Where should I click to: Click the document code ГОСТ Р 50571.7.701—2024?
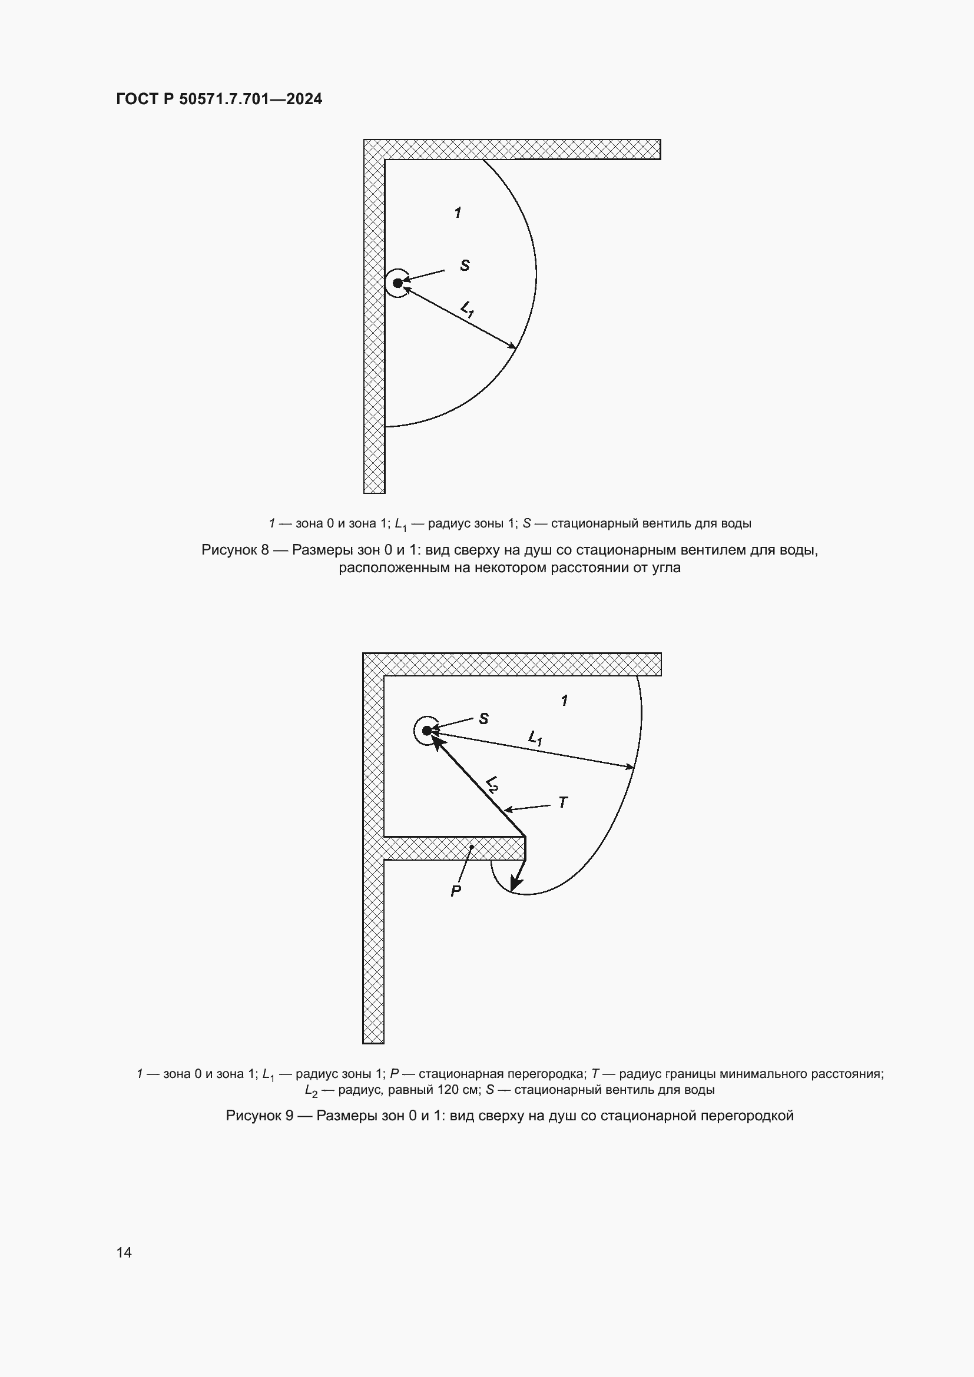tap(219, 99)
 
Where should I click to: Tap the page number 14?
tap(124, 1252)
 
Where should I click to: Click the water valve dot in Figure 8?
tap(397, 283)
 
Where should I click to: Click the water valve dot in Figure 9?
tap(427, 731)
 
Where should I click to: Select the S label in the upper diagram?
tap(465, 265)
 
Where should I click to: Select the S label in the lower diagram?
tap(483, 718)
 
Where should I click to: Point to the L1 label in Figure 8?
tap(468, 310)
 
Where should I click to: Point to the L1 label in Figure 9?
tap(535, 738)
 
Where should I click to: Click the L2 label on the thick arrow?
tap(492, 784)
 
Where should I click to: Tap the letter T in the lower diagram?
tap(562, 802)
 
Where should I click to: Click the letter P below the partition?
tap(456, 891)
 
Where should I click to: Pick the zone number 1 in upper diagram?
tap(458, 213)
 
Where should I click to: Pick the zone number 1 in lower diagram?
tap(564, 700)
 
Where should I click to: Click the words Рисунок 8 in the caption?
tap(234, 550)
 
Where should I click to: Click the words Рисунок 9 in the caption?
tap(259, 1116)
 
